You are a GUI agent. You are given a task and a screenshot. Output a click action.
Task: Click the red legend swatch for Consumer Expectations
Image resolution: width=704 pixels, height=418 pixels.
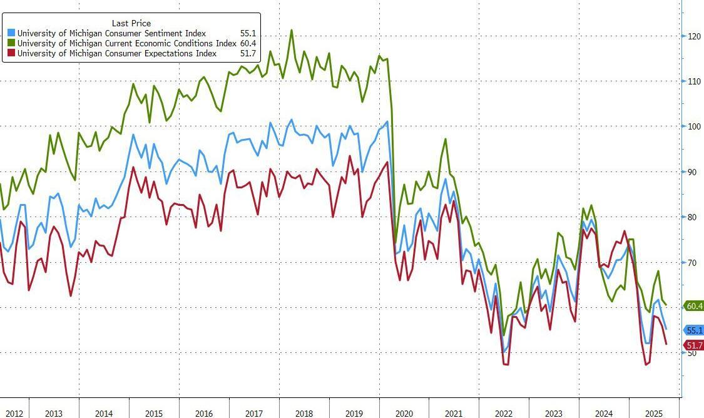(x=11, y=54)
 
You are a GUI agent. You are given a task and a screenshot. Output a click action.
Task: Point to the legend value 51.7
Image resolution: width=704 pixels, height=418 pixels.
(x=248, y=54)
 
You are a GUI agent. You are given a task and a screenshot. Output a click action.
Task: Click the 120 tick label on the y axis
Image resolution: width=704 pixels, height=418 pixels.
(x=693, y=36)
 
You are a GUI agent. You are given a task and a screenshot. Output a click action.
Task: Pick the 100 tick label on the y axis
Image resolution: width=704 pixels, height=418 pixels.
(x=693, y=127)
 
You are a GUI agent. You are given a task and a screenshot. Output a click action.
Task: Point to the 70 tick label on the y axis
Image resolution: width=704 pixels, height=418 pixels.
(x=691, y=263)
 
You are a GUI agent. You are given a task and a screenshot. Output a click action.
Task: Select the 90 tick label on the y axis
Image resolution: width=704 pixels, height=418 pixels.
(x=691, y=172)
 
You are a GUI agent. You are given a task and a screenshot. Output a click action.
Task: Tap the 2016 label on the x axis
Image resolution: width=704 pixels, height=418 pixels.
(x=204, y=414)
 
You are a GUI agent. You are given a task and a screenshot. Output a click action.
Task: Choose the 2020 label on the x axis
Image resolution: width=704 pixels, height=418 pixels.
(x=404, y=414)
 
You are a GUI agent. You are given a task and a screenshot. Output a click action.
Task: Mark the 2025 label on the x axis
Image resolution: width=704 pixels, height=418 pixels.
(x=653, y=414)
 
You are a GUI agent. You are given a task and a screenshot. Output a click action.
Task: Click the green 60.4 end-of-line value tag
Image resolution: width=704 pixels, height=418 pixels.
(x=694, y=306)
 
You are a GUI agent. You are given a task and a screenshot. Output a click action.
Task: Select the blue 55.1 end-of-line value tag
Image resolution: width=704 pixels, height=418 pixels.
(x=694, y=330)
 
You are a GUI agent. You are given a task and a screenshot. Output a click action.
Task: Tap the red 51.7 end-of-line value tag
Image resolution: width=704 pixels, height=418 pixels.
(x=694, y=345)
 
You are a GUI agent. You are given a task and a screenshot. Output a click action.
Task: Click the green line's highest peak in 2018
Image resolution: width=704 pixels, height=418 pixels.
(x=291, y=30)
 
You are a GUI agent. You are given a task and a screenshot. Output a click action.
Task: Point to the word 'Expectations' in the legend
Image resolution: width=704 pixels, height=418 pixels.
(x=191, y=54)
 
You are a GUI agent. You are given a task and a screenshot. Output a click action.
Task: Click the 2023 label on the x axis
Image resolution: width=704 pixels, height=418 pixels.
(x=553, y=414)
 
